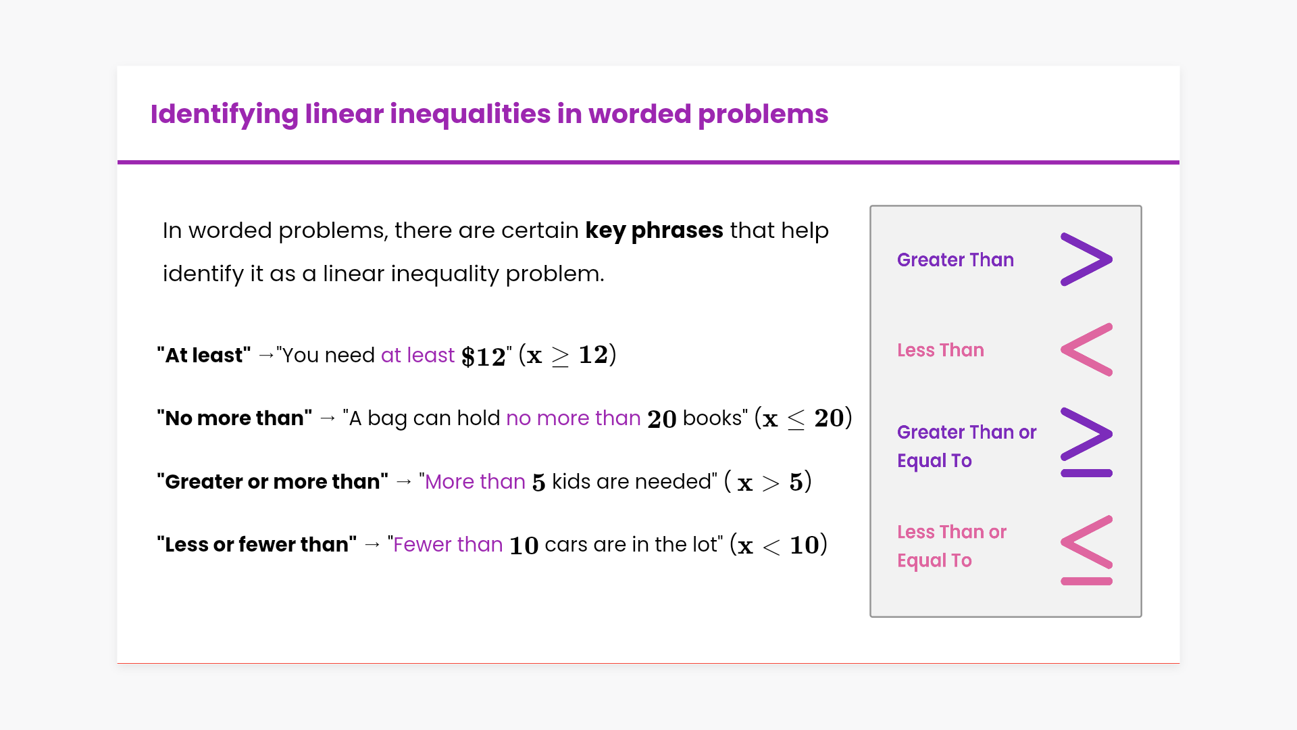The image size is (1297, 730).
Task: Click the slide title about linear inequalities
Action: (x=489, y=114)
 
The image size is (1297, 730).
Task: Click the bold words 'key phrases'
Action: (x=654, y=231)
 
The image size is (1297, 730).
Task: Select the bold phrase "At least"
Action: (x=204, y=355)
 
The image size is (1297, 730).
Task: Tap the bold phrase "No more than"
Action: (x=234, y=418)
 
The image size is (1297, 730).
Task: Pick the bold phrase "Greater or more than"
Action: (x=273, y=481)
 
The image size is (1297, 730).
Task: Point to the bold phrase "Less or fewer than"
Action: (x=257, y=544)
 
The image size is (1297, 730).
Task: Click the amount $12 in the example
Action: (x=484, y=356)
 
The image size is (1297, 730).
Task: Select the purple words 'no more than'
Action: (x=574, y=418)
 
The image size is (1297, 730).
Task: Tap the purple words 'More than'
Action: (x=476, y=481)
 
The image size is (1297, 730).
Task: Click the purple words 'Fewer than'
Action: (x=448, y=544)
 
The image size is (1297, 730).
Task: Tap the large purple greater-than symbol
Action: (x=1086, y=260)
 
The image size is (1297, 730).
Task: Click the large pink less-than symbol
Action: (x=1086, y=349)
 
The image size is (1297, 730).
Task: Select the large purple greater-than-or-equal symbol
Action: (x=1086, y=442)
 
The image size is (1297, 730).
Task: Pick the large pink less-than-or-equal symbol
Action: (x=1086, y=550)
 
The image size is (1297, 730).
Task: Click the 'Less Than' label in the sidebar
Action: (x=940, y=350)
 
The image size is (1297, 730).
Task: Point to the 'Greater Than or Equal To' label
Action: (x=967, y=446)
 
